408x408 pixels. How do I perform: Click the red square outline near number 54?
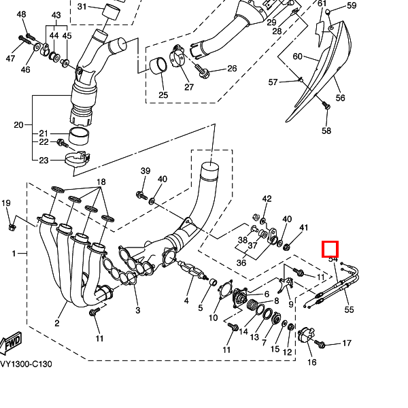coord(330,249)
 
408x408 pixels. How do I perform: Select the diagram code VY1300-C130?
coord(26,364)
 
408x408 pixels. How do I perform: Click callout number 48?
coord(21,15)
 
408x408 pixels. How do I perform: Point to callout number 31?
coord(82,7)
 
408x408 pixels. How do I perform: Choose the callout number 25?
coord(163,95)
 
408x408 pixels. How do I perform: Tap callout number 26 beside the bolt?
coord(232,69)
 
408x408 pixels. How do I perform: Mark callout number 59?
coord(351,6)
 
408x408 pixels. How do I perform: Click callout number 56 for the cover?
coord(340,98)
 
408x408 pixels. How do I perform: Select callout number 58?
coord(326,131)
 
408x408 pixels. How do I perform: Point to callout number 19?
coord(6,203)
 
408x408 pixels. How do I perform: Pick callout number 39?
coord(145,171)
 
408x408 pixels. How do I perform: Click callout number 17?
coord(346,343)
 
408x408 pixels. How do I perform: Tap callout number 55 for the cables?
coord(350,309)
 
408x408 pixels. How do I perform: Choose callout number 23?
coord(44,160)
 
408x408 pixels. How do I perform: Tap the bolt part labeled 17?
coord(322,344)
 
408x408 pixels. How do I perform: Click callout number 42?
coord(267,199)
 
